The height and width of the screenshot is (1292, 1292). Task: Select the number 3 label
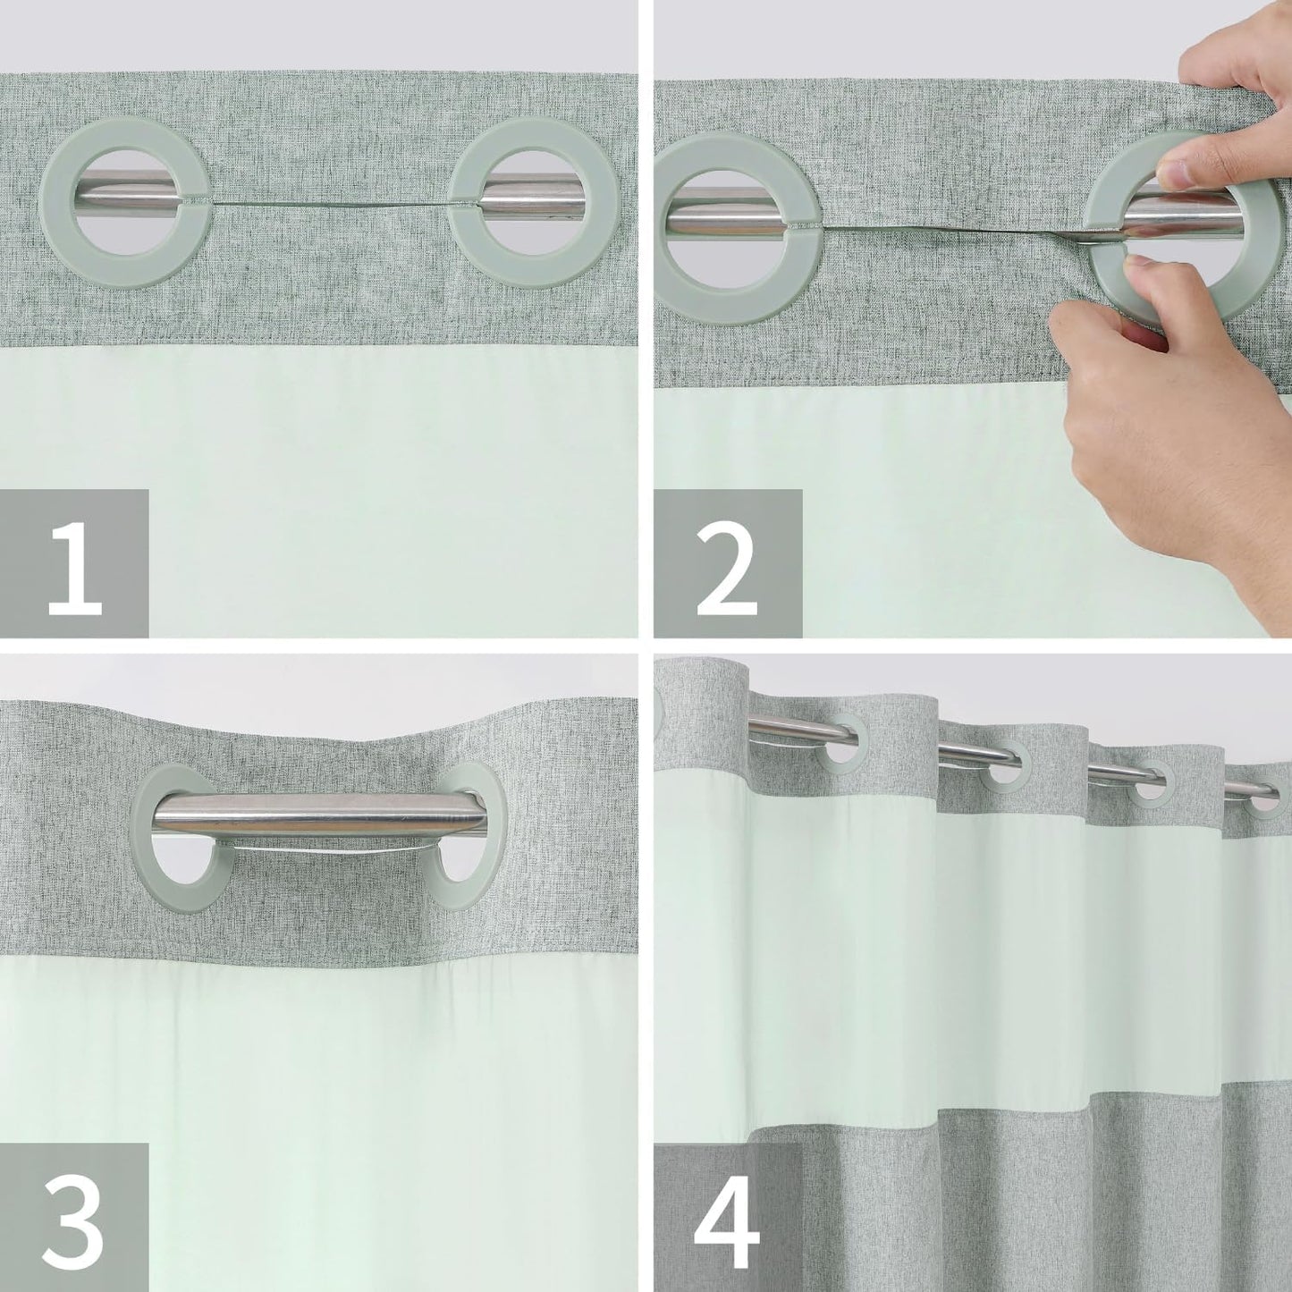click(74, 1218)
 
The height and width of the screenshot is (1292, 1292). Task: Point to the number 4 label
click(727, 1218)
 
